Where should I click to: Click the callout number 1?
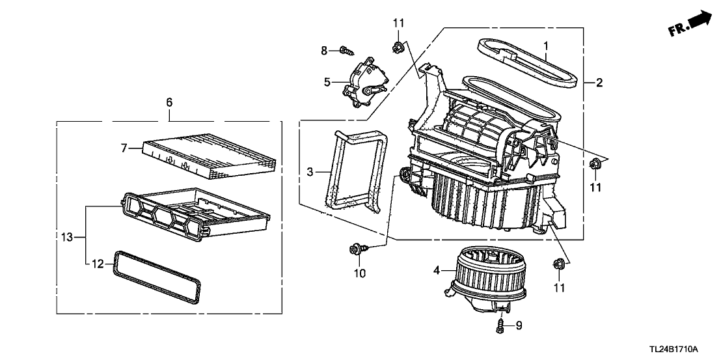click(546, 46)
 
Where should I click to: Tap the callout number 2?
click(599, 83)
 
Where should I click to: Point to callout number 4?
click(437, 271)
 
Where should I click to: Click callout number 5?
click(327, 82)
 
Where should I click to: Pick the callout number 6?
click(169, 102)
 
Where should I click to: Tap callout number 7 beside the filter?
click(124, 148)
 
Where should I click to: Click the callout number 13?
click(67, 237)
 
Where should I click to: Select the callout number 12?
click(98, 264)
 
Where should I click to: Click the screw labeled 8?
click(347, 51)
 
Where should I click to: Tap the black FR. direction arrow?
click(700, 20)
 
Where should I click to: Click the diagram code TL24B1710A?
click(673, 349)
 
